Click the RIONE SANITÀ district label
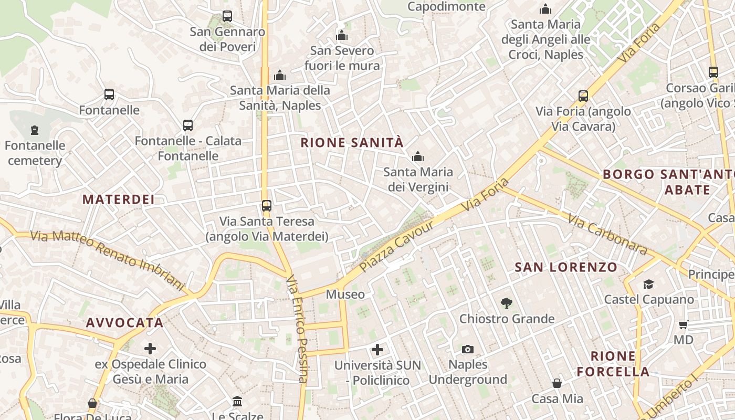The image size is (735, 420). (x=352, y=142)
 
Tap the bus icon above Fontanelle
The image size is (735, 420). (x=109, y=94)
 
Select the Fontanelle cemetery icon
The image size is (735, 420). (x=35, y=129)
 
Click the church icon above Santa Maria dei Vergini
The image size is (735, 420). (x=418, y=156)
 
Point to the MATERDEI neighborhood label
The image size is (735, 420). (x=119, y=199)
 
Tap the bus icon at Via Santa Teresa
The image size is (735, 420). (x=267, y=205)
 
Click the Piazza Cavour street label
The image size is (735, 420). (x=397, y=247)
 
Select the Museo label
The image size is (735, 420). (x=345, y=295)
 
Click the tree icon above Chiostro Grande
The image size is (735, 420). (x=507, y=302)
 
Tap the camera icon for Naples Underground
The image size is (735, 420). (x=467, y=349)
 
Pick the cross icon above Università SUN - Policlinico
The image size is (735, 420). (x=377, y=349)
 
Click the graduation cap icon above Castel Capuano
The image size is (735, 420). (x=648, y=284)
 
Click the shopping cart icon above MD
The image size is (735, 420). (x=684, y=324)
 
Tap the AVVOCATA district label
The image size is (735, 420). (x=125, y=323)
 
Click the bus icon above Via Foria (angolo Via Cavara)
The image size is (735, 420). (x=583, y=96)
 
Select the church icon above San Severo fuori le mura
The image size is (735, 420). (x=342, y=36)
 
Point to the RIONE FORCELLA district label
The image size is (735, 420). (x=613, y=364)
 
